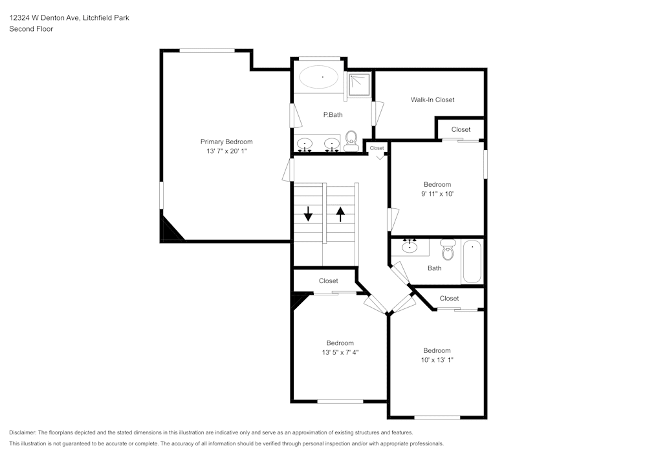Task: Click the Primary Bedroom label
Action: pos(226,142)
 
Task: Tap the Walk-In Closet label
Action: pos(432,100)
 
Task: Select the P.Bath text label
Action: pos(333,115)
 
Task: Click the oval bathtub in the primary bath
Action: pos(318,77)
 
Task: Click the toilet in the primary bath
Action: pos(351,140)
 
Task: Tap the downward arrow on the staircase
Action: pos(308,213)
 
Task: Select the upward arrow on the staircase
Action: pos(340,213)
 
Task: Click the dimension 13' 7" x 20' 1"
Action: pos(226,151)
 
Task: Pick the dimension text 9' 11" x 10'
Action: pos(437,194)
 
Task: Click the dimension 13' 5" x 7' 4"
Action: pos(340,352)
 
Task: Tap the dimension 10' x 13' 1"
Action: pos(437,360)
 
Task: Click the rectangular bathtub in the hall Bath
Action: pos(472,261)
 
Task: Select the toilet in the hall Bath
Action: pos(447,249)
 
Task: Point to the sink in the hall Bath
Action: pos(409,246)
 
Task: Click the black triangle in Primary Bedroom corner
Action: pos(170,230)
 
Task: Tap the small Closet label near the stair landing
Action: pos(377,148)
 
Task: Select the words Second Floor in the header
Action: pos(31,29)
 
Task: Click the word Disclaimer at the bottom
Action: pos(23,432)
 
